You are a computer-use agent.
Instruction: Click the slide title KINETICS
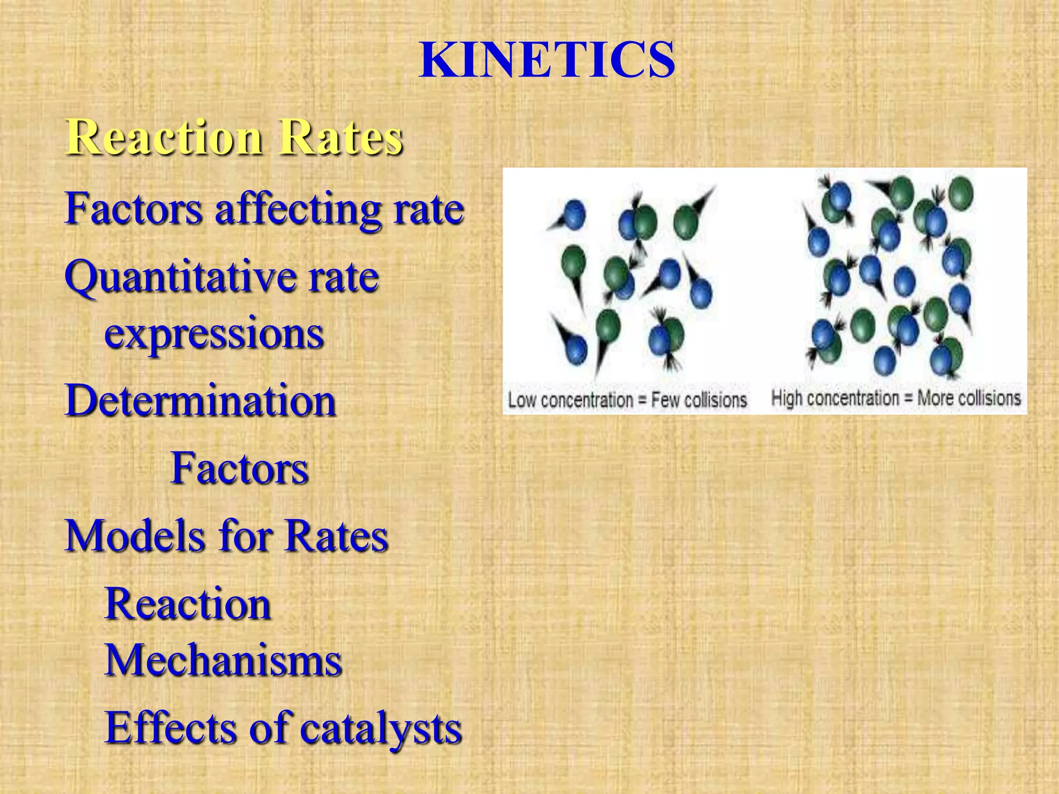(x=547, y=60)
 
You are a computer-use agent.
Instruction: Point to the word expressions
(x=214, y=334)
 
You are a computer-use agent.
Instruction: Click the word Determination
(x=201, y=401)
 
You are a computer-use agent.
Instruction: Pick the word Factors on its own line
(x=239, y=468)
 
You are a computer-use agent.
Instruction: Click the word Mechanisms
(x=223, y=661)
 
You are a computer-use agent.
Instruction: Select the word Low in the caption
(x=521, y=400)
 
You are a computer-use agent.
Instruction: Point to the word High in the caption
(x=786, y=398)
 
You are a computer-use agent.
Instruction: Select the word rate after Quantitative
(x=343, y=278)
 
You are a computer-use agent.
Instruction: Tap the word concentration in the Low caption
(x=587, y=400)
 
